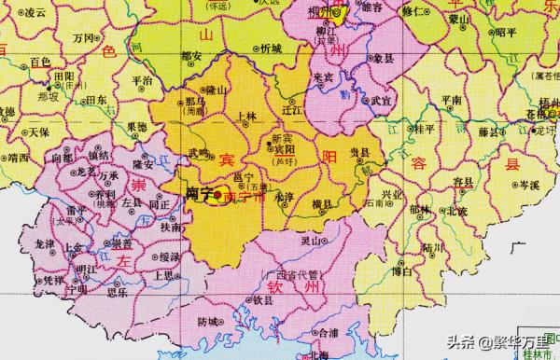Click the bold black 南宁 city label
[198, 194]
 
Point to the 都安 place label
[190, 56]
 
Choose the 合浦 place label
[326, 331]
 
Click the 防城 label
[211, 322]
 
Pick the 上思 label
[164, 274]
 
